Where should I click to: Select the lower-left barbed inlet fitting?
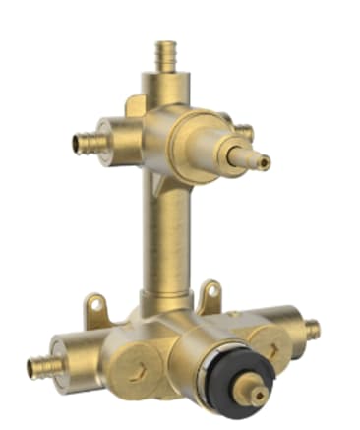point(44,366)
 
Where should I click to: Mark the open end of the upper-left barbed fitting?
point(78,145)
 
